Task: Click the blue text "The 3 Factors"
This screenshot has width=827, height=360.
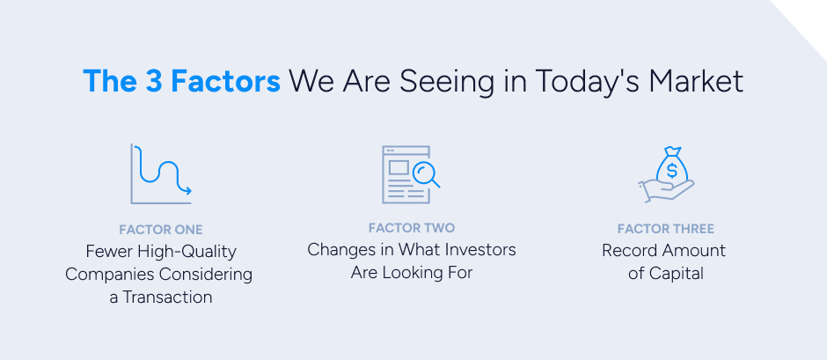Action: click(181, 81)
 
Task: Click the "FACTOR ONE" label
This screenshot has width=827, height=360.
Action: click(161, 230)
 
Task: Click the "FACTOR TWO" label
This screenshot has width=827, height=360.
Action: click(412, 228)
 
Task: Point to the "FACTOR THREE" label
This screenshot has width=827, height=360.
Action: click(665, 229)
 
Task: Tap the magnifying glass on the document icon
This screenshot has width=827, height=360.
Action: click(425, 173)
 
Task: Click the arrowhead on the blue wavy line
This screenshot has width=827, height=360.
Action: click(187, 189)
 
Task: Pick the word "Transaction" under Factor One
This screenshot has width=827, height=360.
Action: click(168, 297)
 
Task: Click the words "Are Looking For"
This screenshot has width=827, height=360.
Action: click(412, 272)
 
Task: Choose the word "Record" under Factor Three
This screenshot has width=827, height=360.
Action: click(631, 250)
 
